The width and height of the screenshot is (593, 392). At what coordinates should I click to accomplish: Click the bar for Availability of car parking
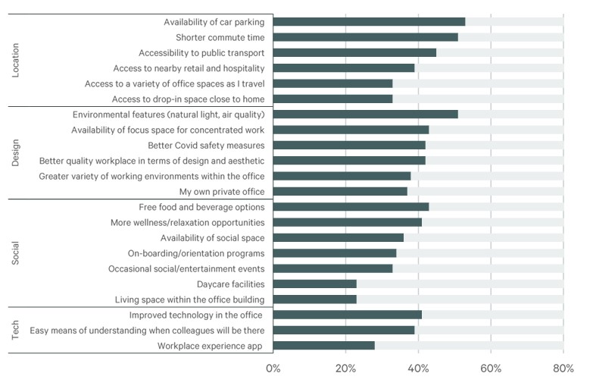369,21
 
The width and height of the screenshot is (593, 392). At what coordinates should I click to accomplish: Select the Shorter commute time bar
365,37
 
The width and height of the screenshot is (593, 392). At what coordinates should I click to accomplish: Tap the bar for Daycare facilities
314,284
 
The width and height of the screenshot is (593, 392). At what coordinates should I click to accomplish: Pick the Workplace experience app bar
323,346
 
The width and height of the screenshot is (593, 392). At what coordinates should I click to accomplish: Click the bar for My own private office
340,192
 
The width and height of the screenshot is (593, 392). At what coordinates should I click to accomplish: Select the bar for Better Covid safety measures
349,145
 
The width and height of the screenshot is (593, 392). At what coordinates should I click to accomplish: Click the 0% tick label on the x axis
273,370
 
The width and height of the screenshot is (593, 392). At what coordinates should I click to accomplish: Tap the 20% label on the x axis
345,370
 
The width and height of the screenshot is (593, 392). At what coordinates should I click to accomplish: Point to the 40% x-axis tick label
418,370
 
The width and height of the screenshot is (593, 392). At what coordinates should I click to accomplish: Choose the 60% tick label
491,370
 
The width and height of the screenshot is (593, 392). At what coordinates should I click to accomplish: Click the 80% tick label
563,370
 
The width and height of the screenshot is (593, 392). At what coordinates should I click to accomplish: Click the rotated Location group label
17,59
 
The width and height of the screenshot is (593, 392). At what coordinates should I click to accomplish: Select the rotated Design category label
17,152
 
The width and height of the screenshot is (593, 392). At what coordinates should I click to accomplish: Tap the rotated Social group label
17,253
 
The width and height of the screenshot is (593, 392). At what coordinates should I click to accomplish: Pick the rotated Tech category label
17,330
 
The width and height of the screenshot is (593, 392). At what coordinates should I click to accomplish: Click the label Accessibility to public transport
201,53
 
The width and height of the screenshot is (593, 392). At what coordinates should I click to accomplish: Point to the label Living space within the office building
189,299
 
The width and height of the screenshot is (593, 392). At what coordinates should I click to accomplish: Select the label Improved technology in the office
196,315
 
